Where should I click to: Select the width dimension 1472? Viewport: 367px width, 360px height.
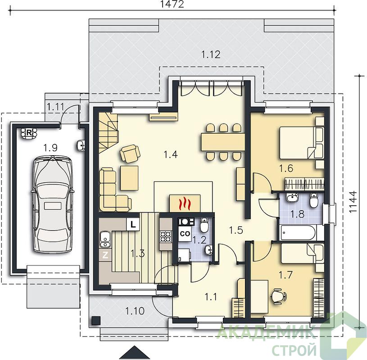[172, 4]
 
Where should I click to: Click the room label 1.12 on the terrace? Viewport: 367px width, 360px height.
[211, 54]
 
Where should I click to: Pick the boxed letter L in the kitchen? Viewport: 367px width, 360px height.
[133, 225]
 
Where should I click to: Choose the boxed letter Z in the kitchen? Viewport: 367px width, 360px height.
[105, 255]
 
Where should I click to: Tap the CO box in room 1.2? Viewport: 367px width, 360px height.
[185, 234]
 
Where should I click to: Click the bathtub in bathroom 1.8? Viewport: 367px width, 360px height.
[299, 233]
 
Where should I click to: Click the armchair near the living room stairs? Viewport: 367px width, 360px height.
[130, 153]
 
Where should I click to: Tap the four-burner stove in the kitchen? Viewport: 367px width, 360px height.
[166, 237]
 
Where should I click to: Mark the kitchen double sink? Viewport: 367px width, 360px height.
[105, 239]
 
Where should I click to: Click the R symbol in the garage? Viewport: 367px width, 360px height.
[29, 133]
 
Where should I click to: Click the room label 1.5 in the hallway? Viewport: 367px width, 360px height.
[236, 230]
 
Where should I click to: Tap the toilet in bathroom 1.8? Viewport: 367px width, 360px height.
[313, 200]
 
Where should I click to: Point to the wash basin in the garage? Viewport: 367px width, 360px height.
[81, 145]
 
